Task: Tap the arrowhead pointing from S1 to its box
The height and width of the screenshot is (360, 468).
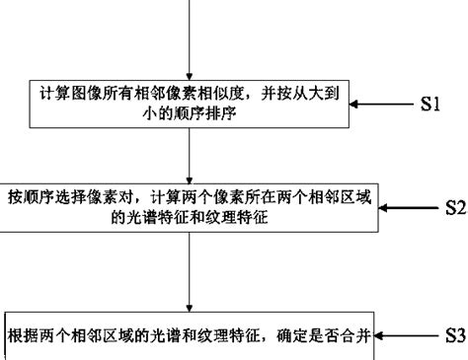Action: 364,106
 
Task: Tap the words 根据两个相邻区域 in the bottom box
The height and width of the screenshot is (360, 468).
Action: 70,332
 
